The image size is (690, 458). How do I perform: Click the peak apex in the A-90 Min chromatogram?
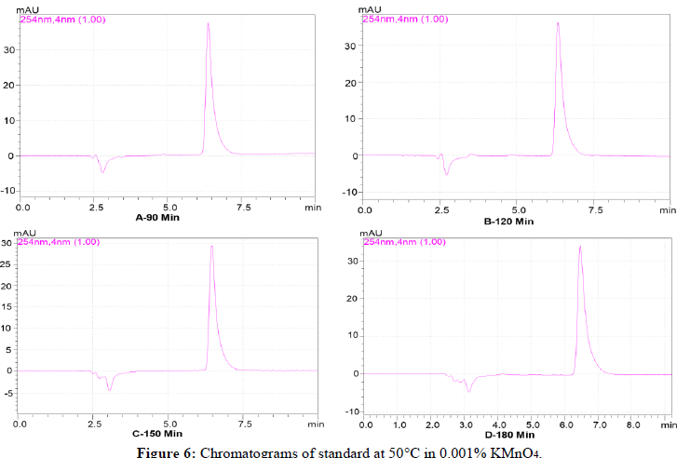[208, 23]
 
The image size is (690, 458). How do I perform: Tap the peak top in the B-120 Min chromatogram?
[558, 23]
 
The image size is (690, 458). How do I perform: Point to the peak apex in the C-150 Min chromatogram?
[212, 247]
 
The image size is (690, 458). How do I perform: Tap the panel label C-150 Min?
[156, 433]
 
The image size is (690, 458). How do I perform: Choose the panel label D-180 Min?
[510, 433]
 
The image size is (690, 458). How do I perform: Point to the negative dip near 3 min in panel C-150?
[109, 389]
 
